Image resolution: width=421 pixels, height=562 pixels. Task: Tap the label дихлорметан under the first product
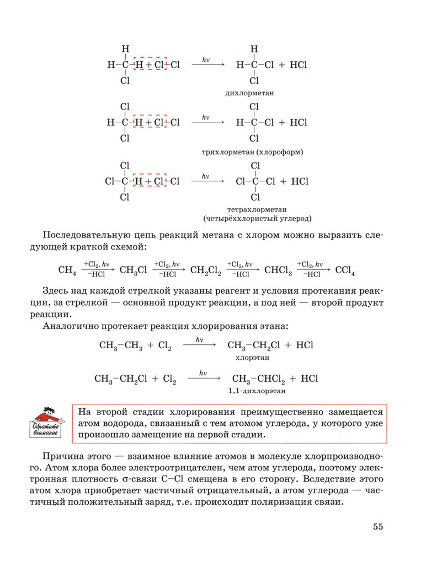coord(250,94)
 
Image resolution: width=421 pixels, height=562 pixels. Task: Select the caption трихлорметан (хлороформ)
coord(253,151)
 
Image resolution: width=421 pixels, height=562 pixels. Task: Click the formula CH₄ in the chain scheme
coord(67,271)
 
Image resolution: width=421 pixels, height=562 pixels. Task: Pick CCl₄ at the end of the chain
coord(345,271)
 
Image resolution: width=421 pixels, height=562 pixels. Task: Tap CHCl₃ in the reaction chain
coord(278,271)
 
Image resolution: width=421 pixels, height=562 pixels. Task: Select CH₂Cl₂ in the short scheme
coord(205,271)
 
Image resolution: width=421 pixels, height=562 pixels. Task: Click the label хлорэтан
coord(252,358)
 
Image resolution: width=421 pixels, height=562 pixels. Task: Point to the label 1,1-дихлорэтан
coord(252,390)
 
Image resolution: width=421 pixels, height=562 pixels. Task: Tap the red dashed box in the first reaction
coord(150,65)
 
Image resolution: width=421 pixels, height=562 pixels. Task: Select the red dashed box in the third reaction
coord(150,181)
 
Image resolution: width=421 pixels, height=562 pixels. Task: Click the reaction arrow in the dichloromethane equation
coord(208,65)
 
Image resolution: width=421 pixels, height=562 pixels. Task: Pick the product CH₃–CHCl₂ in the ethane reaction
coord(257,379)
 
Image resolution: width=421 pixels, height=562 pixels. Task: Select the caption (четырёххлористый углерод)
coord(257,218)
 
